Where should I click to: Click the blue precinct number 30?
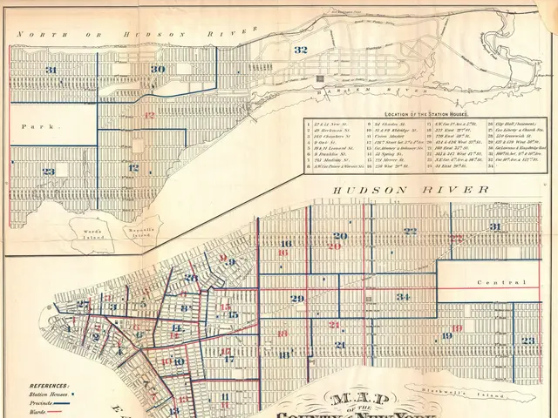pos(157,69)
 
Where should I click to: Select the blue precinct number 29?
pos(297,299)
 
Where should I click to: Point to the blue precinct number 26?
pos(190,278)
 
